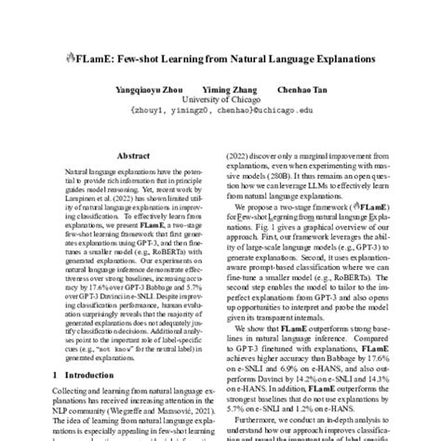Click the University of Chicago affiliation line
coord(220,100)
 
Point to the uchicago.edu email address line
coord(220,110)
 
